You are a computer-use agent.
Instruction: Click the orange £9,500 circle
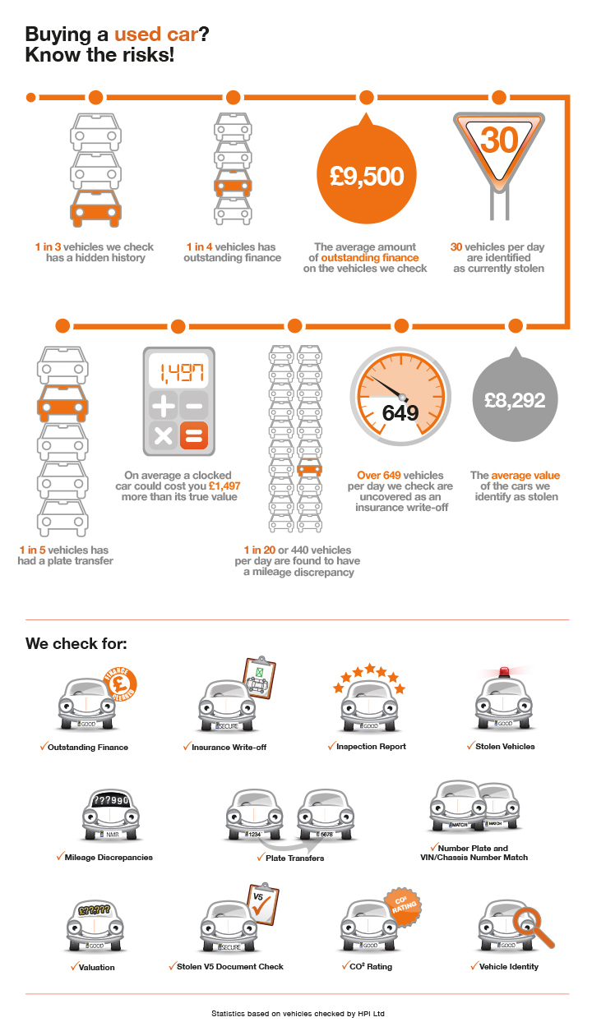click(367, 177)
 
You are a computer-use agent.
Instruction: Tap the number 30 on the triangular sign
click(500, 140)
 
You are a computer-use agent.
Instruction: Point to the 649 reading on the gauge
click(400, 413)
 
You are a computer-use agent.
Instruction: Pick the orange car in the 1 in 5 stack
click(62, 404)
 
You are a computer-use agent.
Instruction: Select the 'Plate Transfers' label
click(294, 858)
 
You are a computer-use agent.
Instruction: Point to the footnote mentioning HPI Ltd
click(297, 1014)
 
